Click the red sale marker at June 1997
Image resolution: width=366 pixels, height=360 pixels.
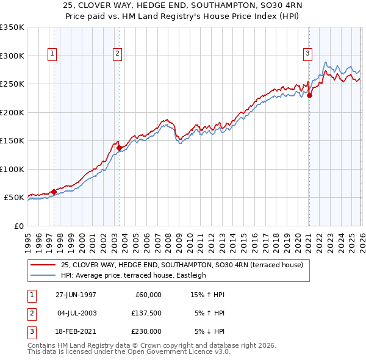point(54,192)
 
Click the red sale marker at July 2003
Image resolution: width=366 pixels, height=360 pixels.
point(119,147)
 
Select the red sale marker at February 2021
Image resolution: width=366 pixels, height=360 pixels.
point(309,95)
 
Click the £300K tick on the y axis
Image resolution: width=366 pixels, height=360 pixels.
point(12,56)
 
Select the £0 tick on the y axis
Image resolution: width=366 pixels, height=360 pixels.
point(18,226)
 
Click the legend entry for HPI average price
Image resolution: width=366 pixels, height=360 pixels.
point(133,275)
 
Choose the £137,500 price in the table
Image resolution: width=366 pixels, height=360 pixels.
point(147,313)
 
